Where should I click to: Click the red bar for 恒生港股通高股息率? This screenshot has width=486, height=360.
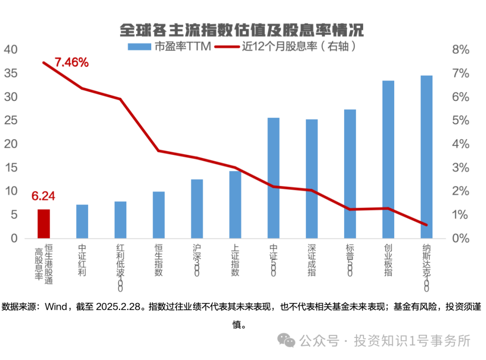44,224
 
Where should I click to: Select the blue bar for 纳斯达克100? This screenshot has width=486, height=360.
427,157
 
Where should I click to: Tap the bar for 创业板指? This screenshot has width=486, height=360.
388,159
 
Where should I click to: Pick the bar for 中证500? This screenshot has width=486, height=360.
274,178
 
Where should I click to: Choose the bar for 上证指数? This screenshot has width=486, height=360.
235,204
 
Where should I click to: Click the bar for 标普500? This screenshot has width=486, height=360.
350,174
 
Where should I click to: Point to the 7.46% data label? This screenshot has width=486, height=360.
72,63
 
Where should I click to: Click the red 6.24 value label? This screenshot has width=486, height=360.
43,196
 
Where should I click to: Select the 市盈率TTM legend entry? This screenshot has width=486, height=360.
169,46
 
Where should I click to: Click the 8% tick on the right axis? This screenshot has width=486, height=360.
460,49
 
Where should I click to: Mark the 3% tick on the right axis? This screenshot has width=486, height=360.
460,168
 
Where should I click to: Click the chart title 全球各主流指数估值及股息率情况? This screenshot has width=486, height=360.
242,30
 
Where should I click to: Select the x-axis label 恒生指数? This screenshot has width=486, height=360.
158,260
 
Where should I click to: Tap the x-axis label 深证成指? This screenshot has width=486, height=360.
312,260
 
